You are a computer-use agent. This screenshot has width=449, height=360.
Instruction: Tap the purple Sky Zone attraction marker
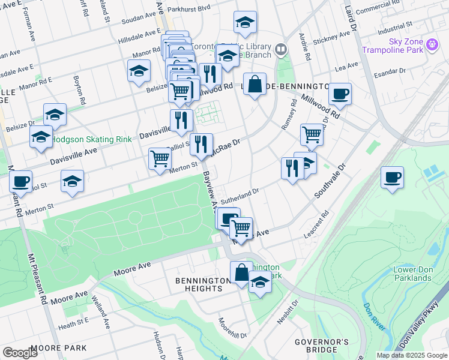tap(431, 44)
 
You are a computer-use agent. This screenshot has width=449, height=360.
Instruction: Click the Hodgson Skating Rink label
tap(91, 139)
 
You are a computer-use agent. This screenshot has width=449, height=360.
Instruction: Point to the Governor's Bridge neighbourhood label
tap(321, 346)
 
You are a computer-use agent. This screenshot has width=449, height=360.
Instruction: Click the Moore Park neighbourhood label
tap(58, 348)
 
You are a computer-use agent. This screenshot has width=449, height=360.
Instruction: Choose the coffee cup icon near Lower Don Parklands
tap(392, 178)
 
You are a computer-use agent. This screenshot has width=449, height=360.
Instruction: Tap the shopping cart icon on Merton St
tap(160, 159)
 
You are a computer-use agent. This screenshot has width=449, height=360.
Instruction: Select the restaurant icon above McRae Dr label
tap(201, 144)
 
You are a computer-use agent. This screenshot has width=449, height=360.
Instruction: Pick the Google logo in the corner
tap(20, 353)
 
